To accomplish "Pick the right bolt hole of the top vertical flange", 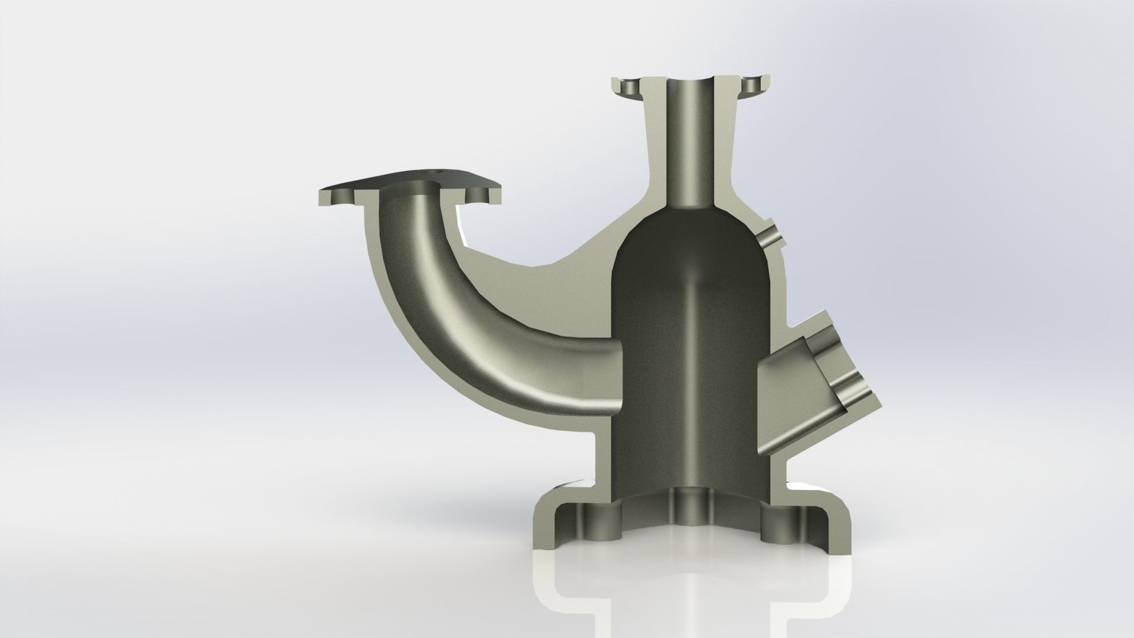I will tap(751, 87).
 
